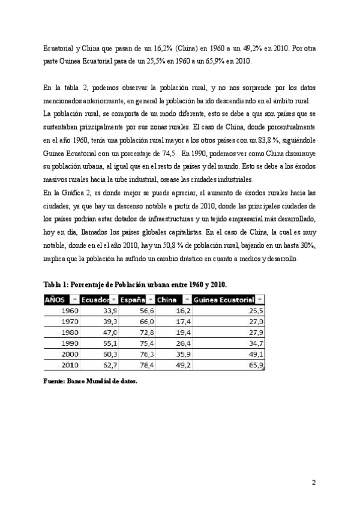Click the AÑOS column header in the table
pos(55,300)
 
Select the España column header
pos(131,300)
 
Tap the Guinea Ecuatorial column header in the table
pos(224,300)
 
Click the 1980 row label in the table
pos(69,333)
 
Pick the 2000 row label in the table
pos(69,354)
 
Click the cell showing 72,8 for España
pos(146,333)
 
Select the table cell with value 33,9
pos(110,311)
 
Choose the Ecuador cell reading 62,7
pos(110,365)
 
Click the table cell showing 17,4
pos(183,322)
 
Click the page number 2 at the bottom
pos(313,483)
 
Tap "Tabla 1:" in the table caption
pos(56,283)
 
